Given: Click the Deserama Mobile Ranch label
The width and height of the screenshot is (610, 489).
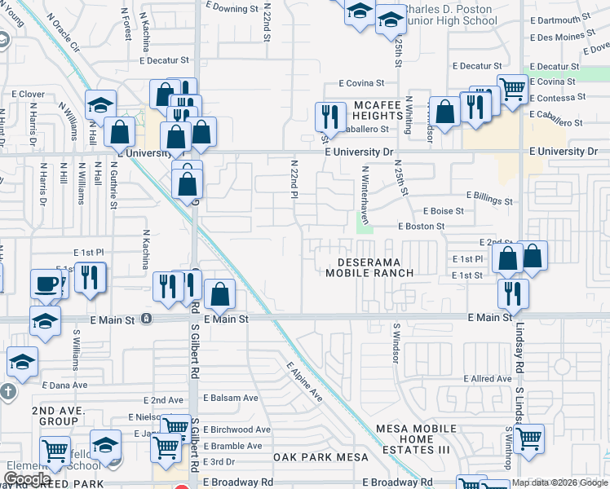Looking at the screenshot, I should pos(369,267).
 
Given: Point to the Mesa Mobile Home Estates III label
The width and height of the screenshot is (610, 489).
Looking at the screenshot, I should pos(416,439).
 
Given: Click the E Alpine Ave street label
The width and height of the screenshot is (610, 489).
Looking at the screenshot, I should pos(304,381).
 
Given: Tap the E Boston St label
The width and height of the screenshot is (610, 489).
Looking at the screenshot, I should pos(422,227).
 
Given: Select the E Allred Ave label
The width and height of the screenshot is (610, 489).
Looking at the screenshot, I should pos(488,379).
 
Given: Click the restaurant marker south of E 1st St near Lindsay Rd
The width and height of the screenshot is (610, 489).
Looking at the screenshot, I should pos(513,291).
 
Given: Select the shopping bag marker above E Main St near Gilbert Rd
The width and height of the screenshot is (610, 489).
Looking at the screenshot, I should pos(220,293).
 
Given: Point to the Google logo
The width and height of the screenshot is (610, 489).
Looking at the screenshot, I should pos(26,479).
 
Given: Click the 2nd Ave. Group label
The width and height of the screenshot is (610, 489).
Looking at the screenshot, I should pos(55,416).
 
